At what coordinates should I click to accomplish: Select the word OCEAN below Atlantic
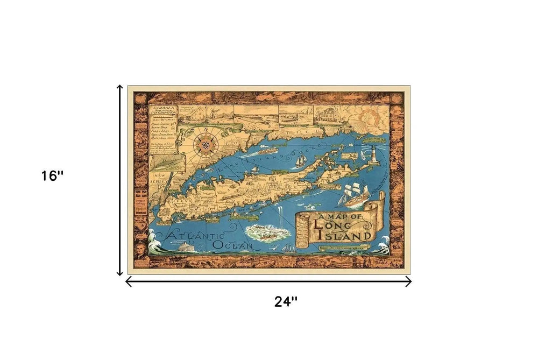[232, 245]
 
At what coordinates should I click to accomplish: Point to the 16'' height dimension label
[53, 176]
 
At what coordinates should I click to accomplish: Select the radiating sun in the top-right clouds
[371, 116]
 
